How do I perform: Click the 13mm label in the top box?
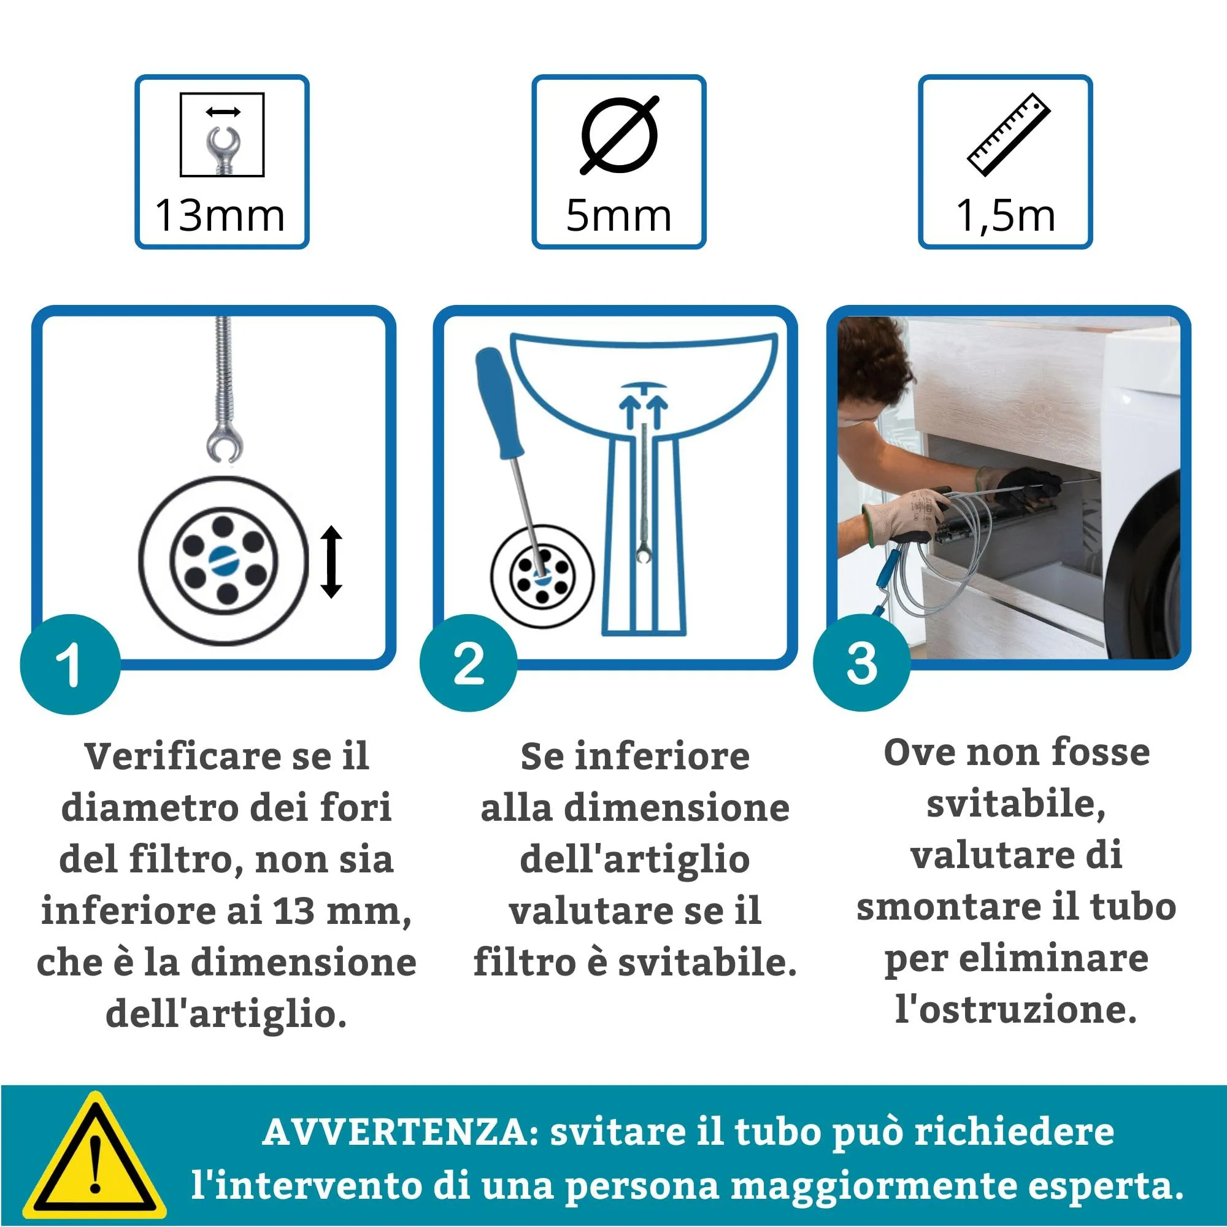point(220,216)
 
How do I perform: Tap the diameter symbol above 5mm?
point(619,134)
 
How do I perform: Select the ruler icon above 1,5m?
point(1008,134)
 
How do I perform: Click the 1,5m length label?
point(1006,216)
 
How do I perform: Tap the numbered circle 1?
point(70,664)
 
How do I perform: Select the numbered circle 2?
point(469,663)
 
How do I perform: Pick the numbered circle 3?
point(862,663)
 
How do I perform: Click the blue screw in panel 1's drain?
point(223,558)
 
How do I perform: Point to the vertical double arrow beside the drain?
point(331,561)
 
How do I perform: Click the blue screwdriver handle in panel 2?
point(499,401)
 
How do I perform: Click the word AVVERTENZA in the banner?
point(401,1132)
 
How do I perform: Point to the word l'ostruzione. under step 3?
point(1015,1009)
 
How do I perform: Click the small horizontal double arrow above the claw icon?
point(223,112)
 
